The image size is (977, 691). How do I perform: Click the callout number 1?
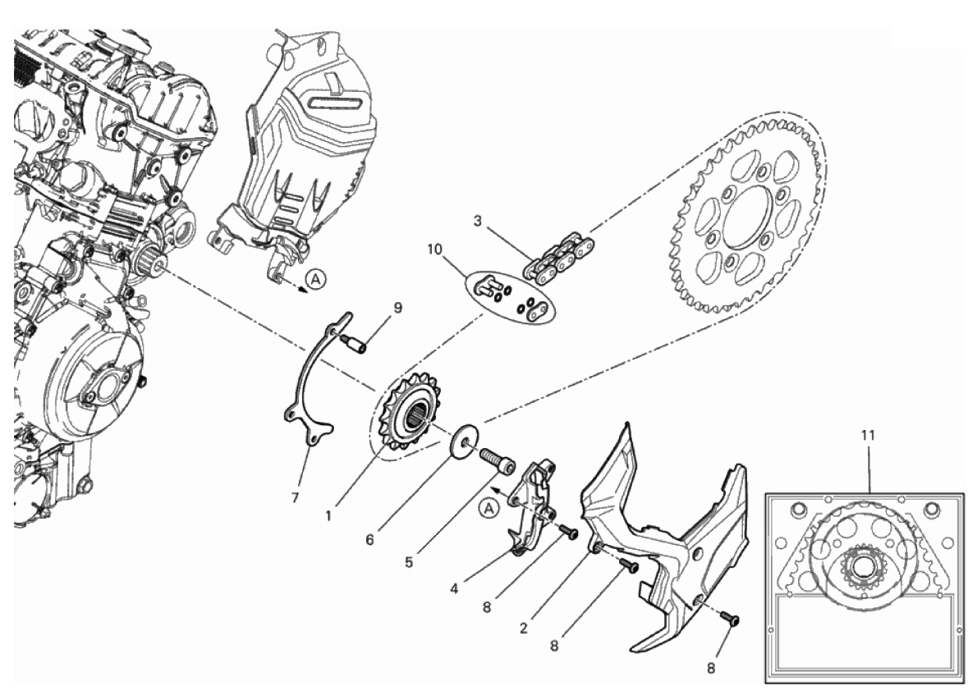coord(328,516)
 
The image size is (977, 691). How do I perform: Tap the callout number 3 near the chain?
coord(477,221)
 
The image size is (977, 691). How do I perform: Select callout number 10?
coord(434,249)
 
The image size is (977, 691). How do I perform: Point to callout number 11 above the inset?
coord(868,435)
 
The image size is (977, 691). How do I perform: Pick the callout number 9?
coord(397,307)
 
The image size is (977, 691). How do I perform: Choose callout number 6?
coord(369,540)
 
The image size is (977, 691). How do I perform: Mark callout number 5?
coord(409,562)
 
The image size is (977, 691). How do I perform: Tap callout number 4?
coord(454,588)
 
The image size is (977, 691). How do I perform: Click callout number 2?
coord(524,628)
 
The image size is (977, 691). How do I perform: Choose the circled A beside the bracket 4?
coord(489,509)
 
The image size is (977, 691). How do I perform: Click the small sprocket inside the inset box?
coord(864,566)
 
